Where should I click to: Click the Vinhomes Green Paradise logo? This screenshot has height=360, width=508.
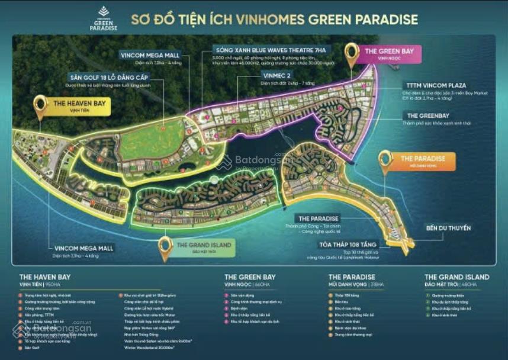tap(103, 18)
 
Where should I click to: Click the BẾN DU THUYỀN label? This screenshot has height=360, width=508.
tap(448, 227)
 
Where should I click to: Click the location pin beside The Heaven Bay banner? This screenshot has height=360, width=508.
tap(40, 106)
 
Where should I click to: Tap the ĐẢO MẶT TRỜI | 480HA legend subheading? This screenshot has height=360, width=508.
tap(449, 284)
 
